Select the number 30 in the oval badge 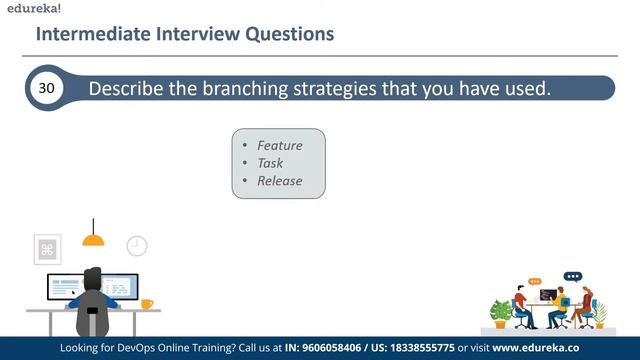click(x=46, y=88)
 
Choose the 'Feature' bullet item click(x=279, y=145)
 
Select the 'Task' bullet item click(x=270, y=163)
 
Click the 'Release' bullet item click(x=279, y=181)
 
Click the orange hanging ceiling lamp click(x=93, y=239)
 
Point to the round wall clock click(x=136, y=245)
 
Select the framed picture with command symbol click(x=47, y=249)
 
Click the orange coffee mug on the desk click(x=146, y=303)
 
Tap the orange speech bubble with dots click(x=535, y=282)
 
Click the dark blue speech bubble click(x=572, y=276)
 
